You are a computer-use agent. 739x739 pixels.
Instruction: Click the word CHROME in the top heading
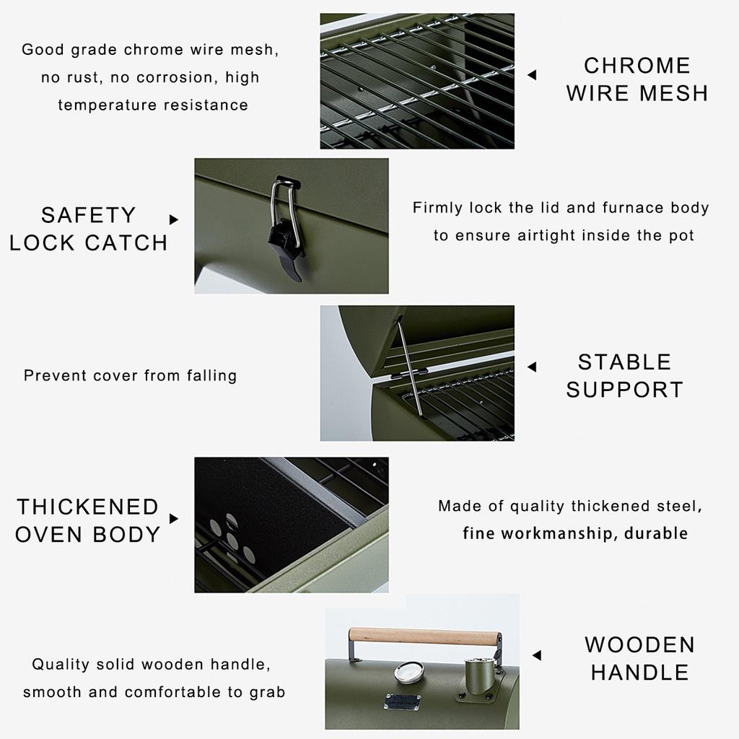tap(637, 66)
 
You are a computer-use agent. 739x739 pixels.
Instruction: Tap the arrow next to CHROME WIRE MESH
tap(532, 75)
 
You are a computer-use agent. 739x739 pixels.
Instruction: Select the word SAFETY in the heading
tap(88, 215)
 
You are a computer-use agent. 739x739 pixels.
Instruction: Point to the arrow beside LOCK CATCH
tap(173, 219)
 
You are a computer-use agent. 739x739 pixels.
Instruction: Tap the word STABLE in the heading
tap(624, 362)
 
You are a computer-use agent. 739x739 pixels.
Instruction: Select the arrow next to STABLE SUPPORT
tap(532, 367)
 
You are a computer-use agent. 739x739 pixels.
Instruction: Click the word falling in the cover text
tap(209, 375)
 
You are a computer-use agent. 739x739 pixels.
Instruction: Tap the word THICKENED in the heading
tap(87, 507)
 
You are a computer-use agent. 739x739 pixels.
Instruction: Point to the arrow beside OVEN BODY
tap(173, 518)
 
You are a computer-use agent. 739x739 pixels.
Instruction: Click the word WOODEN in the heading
tap(639, 644)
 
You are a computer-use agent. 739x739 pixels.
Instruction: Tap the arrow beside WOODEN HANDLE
tap(536, 655)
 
